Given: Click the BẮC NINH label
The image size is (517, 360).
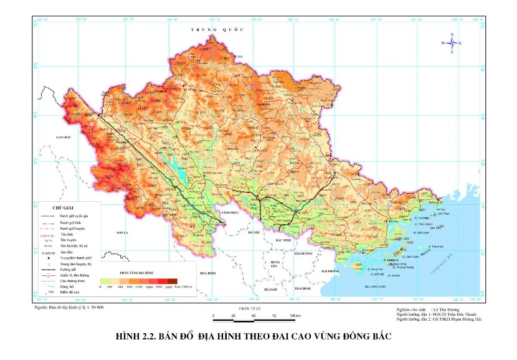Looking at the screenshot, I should [x=283, y=239].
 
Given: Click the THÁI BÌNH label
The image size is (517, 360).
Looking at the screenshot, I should [x=303, y=288].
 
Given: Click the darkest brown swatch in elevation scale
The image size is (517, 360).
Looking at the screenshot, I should [x=173, y=282].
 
